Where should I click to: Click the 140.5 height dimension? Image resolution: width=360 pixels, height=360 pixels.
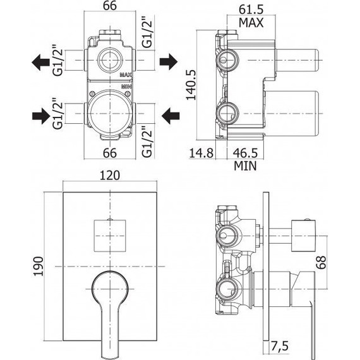pos(191,85)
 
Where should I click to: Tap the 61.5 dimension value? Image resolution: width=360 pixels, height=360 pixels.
pos(251,9)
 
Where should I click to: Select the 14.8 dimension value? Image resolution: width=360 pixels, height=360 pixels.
pos(201,153)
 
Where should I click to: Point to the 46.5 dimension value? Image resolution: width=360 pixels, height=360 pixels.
pos(246,153)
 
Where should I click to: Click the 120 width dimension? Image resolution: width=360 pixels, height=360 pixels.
pos(110,176)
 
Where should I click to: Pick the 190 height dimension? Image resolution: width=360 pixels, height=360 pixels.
pos(38,267)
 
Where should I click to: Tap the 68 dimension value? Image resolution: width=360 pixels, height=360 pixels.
pos(321,262)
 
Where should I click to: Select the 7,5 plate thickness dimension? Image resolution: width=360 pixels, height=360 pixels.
pos(279,346)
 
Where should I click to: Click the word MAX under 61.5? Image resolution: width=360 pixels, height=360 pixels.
pos(251,23)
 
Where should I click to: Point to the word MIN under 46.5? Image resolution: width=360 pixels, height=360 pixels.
pos(245,165)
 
